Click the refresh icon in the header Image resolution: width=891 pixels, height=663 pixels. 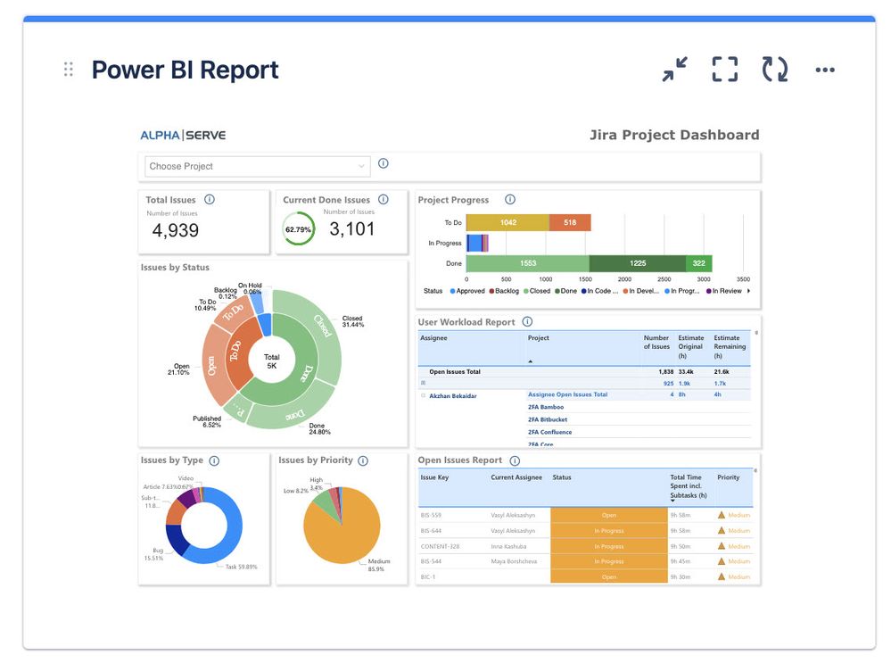[x=774, y=70]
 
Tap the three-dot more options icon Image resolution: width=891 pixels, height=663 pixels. [x=825, y=70]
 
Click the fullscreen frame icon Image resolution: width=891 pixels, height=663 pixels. [x=724, y=70]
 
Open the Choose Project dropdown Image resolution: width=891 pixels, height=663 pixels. [x=257, y=166]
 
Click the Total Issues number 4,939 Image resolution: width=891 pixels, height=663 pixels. [x=175, y=230]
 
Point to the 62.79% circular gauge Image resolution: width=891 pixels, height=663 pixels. [x=298, y=229]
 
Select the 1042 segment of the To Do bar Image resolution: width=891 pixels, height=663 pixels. [x=507, y=222]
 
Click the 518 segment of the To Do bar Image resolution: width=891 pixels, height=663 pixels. [x=570, y=222]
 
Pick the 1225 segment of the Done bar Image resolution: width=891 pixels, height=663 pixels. [x=637, y=263]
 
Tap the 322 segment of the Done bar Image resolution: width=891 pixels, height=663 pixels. [x=698, y=263]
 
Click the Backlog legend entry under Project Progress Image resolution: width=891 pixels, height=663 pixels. [x=504, y=291]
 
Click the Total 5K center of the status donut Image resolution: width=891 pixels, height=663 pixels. [x=272, y=361]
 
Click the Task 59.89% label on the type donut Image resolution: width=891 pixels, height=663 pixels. [x=241, y=567]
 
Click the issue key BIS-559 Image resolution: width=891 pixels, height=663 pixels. [x=432, y=515]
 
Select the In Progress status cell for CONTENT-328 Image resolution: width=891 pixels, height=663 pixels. [x=608, y=546]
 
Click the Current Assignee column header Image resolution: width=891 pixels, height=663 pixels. [x=516, y=477]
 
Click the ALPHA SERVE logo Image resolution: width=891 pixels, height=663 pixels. [x=183, y=136]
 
